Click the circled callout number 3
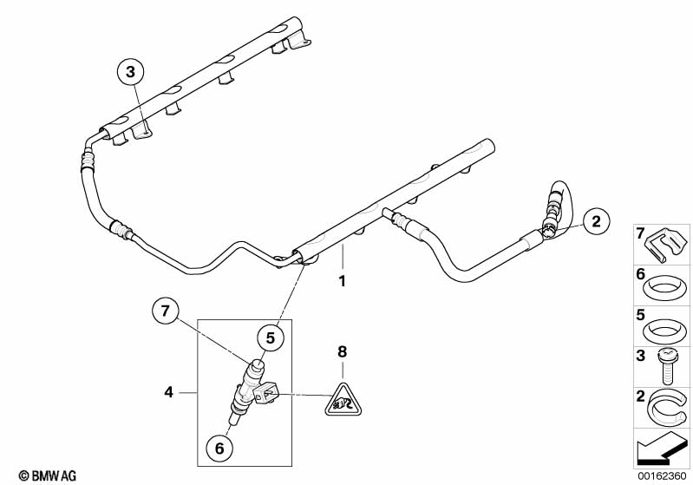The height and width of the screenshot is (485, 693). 130,72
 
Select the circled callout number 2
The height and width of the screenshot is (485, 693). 594,222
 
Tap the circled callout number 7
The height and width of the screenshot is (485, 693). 164,310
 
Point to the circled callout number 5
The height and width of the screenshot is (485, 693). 271,338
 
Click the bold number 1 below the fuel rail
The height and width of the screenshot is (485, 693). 342,281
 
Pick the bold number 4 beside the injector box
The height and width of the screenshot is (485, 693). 169,392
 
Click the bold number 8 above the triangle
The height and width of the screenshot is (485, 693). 342,351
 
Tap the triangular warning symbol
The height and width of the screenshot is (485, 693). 342,399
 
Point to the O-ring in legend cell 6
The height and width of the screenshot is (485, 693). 664,285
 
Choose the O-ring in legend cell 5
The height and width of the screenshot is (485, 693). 664,327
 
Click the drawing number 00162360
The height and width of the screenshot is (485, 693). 661,475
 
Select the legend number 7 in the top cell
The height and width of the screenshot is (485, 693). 640,233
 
